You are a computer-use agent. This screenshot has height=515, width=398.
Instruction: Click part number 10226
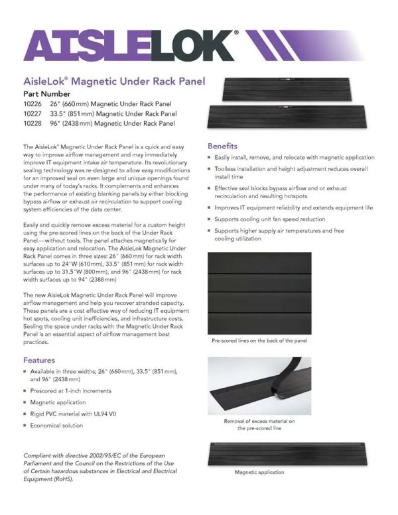(32, 103)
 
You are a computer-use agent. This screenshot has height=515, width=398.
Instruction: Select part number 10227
(32, 113)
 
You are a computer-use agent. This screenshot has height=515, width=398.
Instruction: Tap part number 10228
(32, 123)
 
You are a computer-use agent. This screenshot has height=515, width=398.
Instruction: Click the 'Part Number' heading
(50, 94)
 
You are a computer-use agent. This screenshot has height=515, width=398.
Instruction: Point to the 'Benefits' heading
(223, 146)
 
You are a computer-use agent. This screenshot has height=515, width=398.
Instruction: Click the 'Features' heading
(38, 360)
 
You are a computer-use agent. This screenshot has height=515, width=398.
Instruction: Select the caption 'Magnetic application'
(259, 473)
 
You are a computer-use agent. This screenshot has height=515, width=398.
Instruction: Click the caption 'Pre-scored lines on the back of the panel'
(259, 341)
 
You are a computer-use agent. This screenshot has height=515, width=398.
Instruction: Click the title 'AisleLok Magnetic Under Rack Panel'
(114, 82)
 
